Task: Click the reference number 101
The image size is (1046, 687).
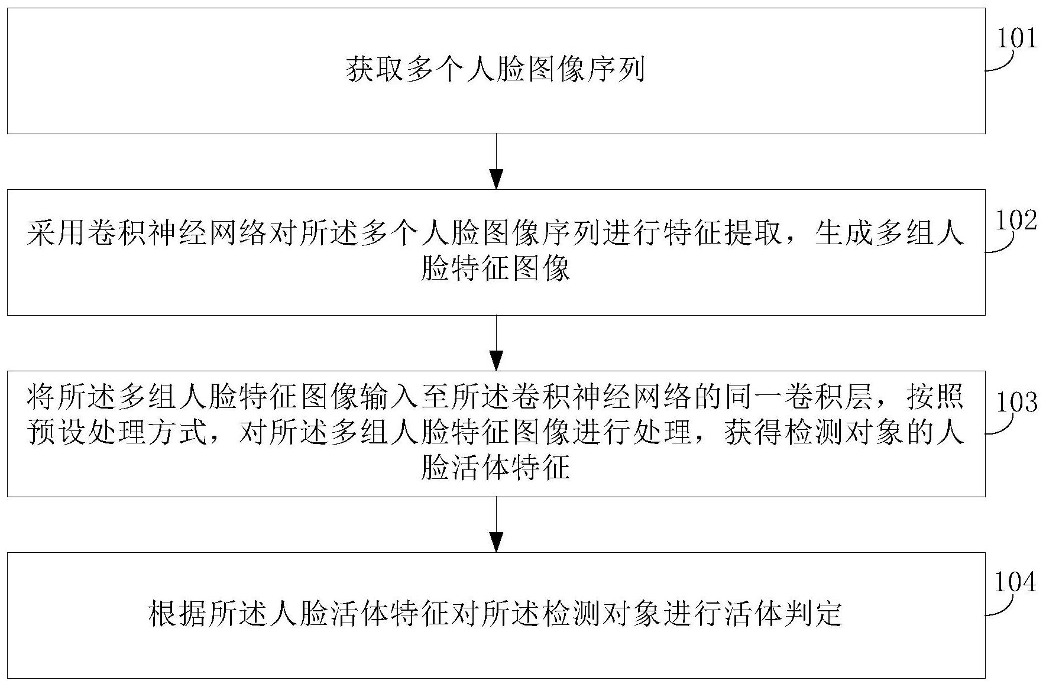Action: click(1017, 39)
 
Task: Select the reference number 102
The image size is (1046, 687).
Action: click(1017, 221)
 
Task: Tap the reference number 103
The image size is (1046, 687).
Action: click(1017, 402)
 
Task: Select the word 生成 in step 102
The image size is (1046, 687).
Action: click(843, 235)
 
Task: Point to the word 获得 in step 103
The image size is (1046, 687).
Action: click(751, 433)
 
